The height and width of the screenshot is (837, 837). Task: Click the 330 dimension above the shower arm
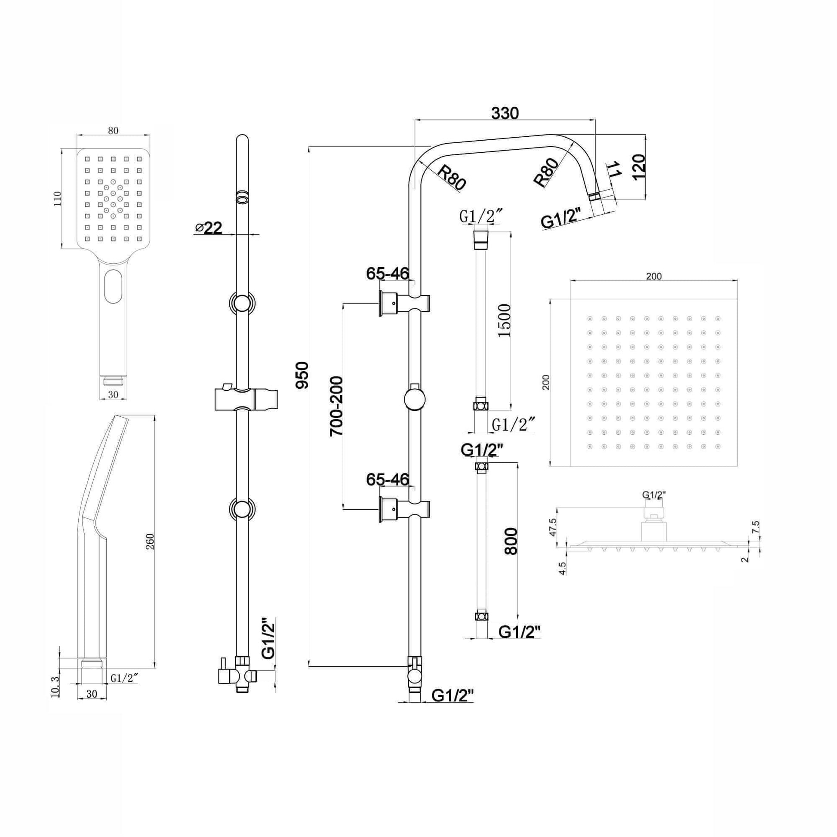pyautogui.click(x=505, y=114)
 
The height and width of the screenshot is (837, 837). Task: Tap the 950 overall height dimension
pyautogui.click(x=302, y=375)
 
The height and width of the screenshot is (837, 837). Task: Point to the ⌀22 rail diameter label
pyautogui.click(x=209, y=228)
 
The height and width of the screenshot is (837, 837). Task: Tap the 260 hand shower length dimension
pyautogui.click(x=150, y=542)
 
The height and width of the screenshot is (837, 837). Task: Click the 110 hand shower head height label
pyautogui.click(x=58, y=198)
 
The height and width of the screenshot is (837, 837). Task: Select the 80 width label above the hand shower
pyautogui.click(x=113, y=131)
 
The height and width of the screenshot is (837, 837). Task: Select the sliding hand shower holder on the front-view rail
pyautogui.click(x=246, y=399)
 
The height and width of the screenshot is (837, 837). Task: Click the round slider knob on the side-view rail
pyautogui.click(x=414, y=399)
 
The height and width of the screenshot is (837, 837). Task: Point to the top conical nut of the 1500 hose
pyautogui.click(x=481, y=240)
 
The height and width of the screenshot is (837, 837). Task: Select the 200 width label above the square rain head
pyautogui.click(x=653, y=276)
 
